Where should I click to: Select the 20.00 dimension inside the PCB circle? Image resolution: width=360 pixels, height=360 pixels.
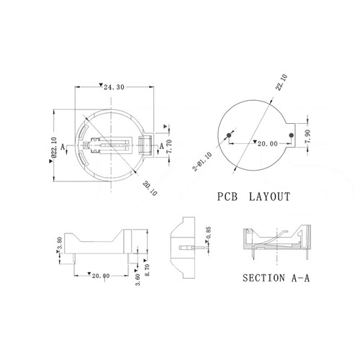pos(268,144)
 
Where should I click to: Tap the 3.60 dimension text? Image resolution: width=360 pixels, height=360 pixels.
pos(137,275)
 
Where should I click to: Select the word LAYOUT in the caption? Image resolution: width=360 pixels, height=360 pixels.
pos(271,196)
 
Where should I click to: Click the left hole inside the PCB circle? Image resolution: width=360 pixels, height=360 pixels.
pos(230,135)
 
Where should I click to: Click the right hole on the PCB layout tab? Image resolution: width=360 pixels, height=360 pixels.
pos(292,135)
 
